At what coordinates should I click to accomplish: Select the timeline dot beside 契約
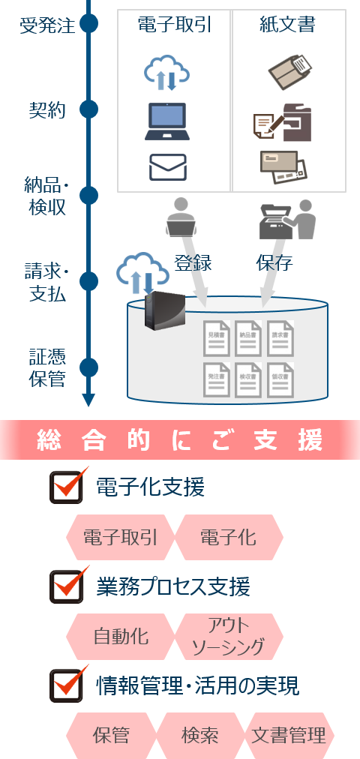click(88, 109)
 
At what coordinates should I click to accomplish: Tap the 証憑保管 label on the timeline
click(48, 367)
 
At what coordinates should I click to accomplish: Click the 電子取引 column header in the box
click(174, 24)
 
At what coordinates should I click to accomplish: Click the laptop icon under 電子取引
click(167, 121)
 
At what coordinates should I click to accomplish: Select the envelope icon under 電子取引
click(167, 166)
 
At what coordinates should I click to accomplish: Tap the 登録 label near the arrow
click(193, 262)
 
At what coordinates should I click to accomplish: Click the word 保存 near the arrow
click(274, 262)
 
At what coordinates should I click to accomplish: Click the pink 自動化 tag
click(121, 637)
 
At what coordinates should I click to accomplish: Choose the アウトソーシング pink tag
click(229, 637)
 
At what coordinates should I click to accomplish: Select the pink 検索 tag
click(199, 736)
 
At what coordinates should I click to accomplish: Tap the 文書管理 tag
click(289, 736)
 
